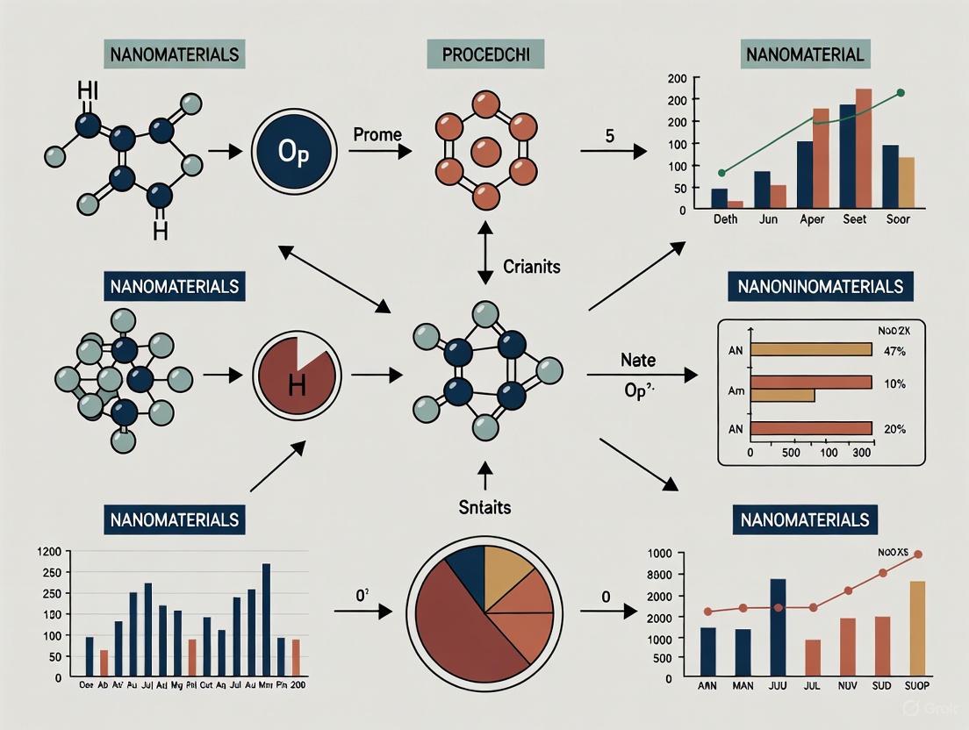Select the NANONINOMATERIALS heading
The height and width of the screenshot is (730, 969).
821,286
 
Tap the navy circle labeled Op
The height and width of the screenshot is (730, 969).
293,153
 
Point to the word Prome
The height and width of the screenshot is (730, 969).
377,134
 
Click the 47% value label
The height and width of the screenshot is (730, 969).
894,349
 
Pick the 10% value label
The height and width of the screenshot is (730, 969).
894,384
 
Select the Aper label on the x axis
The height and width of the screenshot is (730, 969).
812,219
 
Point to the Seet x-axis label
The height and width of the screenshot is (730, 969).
855,219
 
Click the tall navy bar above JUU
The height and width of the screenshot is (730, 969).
778,626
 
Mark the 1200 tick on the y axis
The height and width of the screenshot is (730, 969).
47,552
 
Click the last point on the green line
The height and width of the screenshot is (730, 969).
901,92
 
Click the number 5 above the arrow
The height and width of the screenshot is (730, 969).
607,135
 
